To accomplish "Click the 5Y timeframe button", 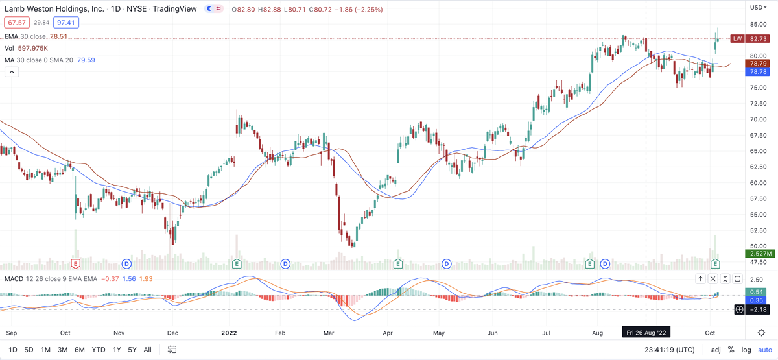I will [132, 350].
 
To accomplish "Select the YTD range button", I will [99, 350].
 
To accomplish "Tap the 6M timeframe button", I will [80, 350].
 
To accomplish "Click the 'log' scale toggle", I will [745, 350].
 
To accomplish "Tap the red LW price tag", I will [737, 39].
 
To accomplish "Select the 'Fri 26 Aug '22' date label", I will [646, 332].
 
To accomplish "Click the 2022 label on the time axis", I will [230, 332].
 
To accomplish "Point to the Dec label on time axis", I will [172, 332].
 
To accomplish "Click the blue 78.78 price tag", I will [757, 73].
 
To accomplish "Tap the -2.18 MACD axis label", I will [759, 309].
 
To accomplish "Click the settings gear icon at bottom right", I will [762, 332].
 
